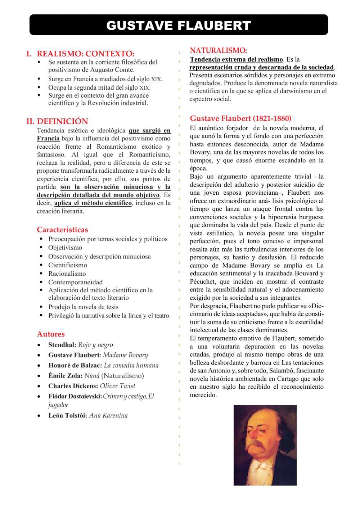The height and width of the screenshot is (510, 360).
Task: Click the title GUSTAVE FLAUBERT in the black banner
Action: tap(179, 25)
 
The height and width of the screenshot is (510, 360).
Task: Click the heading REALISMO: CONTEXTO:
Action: tap(85, 54)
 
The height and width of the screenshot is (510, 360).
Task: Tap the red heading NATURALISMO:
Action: tap(218, 50)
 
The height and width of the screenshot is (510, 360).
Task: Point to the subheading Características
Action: tap(62, 230)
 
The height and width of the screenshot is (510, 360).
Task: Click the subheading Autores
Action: tap(51, 334)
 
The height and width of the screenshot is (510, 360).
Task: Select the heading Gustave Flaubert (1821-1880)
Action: tap(240, 118)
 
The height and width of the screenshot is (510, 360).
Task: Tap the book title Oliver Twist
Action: tap(117, 386)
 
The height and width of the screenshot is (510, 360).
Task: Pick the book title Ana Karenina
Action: tap(108, 415)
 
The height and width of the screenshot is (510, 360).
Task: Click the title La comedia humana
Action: tap(131, 365)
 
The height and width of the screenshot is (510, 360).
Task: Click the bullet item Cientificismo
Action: tap(68, 265)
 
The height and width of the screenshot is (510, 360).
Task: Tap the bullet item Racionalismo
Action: tap(67, 274)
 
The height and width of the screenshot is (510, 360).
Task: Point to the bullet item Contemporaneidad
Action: tap(75, 282)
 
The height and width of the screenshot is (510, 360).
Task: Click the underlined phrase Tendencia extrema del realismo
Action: tap(236, 59)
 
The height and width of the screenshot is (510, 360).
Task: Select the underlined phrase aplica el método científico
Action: tap(93, 203)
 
